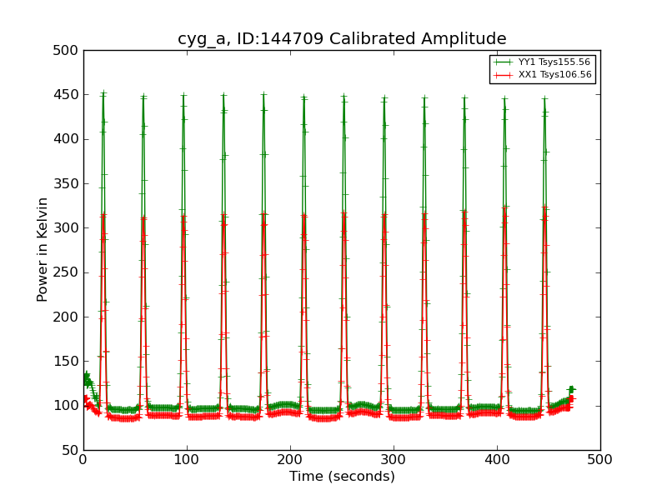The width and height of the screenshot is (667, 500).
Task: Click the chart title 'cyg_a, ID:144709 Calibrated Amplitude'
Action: (342, 39)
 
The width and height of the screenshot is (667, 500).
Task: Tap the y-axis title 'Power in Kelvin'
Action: (43, 249)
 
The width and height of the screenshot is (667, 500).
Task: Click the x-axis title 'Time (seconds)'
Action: (342, 477)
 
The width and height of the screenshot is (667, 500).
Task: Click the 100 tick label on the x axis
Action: (187, 459)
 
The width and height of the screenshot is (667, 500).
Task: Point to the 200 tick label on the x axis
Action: (290, 459)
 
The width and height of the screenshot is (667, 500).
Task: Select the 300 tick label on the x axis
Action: (394, 459)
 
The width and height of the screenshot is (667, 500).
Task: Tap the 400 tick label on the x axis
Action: (497, 459)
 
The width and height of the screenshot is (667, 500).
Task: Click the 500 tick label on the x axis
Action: (599, 459)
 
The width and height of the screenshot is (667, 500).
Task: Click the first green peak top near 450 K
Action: (103, 93)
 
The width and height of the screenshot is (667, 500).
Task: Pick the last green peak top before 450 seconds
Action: (544, 98)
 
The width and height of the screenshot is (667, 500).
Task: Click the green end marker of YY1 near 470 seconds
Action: (571, 389)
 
